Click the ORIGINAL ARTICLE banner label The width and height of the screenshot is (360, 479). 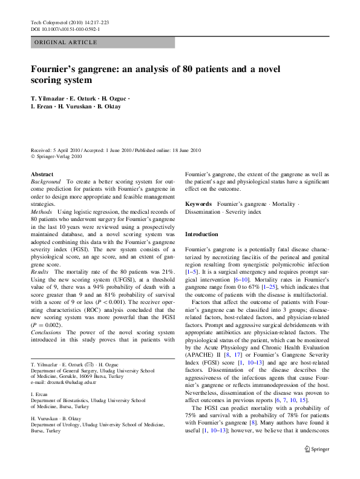pos(65,42)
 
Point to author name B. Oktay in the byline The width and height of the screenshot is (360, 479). pos(108,107)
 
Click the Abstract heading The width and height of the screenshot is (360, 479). pos(42,174)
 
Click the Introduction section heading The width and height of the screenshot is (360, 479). pos(201,234)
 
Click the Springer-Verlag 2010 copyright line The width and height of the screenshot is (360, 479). pos(59,156)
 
